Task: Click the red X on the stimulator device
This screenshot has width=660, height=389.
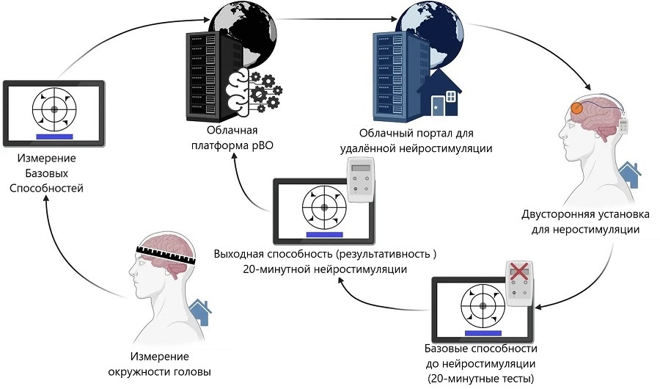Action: point(518,272)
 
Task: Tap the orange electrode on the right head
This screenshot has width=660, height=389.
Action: point(578,109)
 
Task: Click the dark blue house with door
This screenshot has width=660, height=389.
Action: point(439,95)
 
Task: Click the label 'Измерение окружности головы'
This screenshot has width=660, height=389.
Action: point(171,364)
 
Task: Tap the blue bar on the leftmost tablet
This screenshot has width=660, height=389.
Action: point(54,136)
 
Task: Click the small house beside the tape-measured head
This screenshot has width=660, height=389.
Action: point(200,312)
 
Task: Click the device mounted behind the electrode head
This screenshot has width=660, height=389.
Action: point(623,122)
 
